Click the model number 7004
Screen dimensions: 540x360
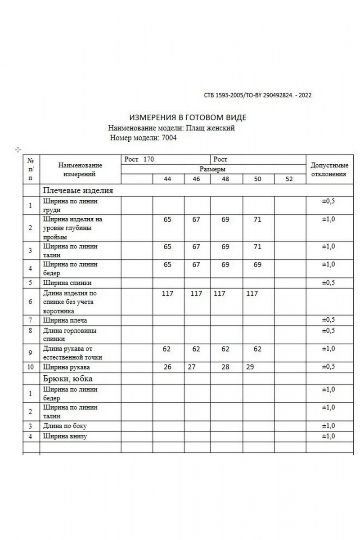[169, 138]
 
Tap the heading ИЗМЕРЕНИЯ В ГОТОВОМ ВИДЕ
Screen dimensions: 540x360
[188, 118]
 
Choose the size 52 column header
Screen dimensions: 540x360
[289, 179]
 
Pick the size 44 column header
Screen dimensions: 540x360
[167, 179]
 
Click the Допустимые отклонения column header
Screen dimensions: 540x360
[329, 170]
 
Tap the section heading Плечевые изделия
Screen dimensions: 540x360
[78, 190]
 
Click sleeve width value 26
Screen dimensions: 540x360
[167, 367]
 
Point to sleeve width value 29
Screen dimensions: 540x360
[250, 367]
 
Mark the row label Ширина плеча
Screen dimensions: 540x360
[65, 320]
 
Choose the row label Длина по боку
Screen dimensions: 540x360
[65, 426]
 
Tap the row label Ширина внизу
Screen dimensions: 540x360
[65, 436]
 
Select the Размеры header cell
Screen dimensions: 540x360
[212, 169]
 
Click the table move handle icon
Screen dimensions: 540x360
[18, 149]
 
